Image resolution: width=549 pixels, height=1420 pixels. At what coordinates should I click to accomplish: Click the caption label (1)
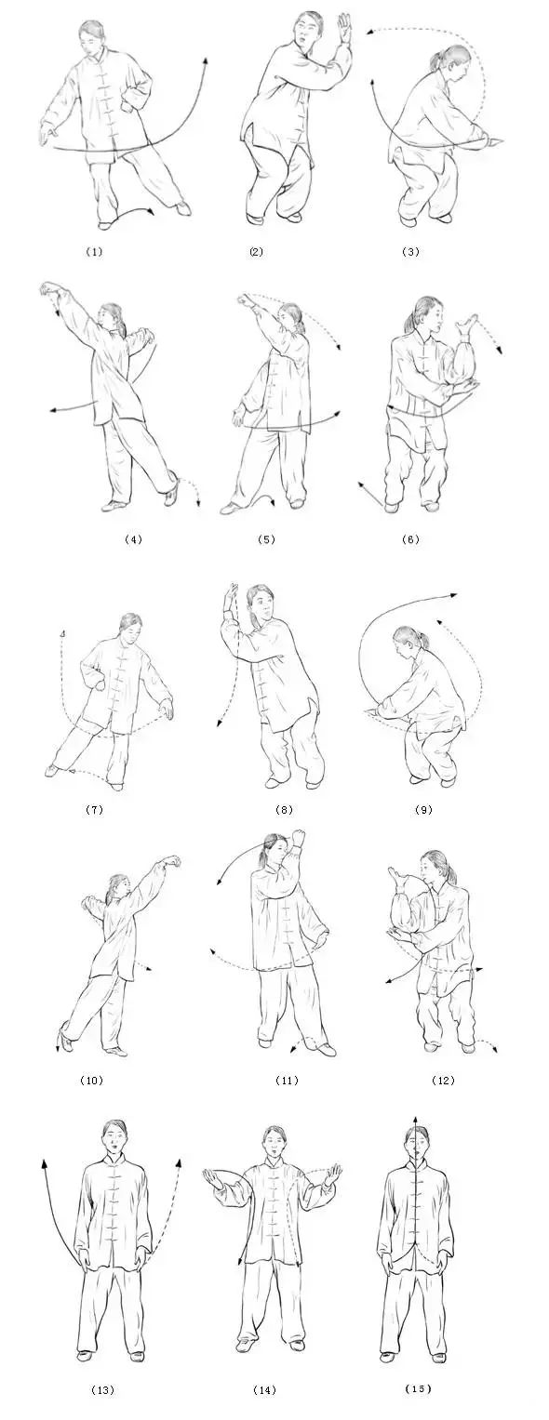pyautogui.click(x=93, y=251)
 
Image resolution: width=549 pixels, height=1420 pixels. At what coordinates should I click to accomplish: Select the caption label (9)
pyautogui.click(x=422, y=810)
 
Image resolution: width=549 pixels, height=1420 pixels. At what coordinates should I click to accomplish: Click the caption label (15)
pyautogui.click(x=419, y=1388)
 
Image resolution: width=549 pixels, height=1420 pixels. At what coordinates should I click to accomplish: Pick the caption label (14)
pyautogui.click(x=264, y=1390)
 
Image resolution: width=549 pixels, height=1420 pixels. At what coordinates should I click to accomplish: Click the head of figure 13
pyautogui.click(x=114, y=1136)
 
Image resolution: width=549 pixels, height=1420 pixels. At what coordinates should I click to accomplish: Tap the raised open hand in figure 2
pyautogui.click(x=344, y=27)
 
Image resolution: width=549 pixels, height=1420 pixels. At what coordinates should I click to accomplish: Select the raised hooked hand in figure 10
pyautogui.click(x=169, y=863)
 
